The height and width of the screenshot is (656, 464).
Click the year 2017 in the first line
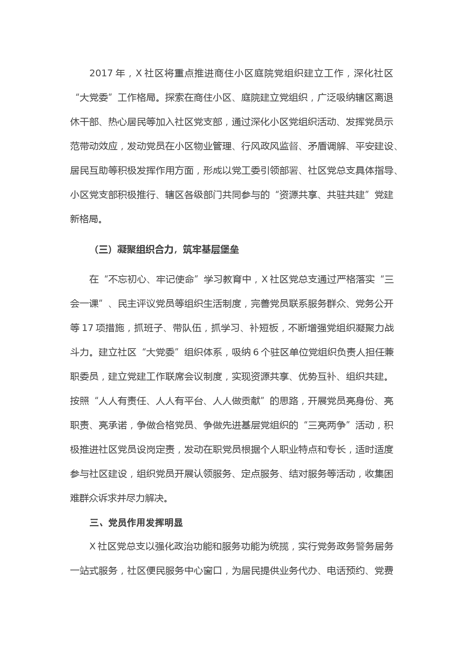coord(101,74)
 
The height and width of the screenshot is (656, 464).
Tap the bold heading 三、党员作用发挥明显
coord(136,523)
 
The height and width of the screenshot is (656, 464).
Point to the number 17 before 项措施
coord(87,328)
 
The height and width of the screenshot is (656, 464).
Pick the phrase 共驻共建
coord(345,195)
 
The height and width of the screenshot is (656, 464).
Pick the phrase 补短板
coord(265,328)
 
